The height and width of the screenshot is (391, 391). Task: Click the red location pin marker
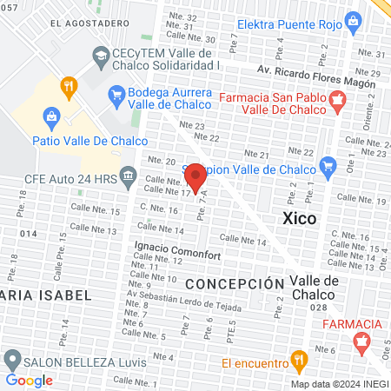click(196, 178)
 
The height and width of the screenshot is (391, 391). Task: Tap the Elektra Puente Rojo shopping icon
click(353, 20)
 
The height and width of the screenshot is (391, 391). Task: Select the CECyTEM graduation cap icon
click(100, 57)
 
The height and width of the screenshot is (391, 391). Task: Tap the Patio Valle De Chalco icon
click(51, 116)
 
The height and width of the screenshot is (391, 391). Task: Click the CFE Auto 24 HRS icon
click(127, 177)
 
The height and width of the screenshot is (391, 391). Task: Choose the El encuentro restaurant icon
click(299, 358)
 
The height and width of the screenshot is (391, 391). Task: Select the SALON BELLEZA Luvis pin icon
click(12, 359)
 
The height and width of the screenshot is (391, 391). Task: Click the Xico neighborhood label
click(300, 217)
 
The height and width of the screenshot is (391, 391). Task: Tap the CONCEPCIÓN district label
click(235, 284)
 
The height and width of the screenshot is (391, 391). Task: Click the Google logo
click(30, 380)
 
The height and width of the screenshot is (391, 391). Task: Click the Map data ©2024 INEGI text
click(338, 384)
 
